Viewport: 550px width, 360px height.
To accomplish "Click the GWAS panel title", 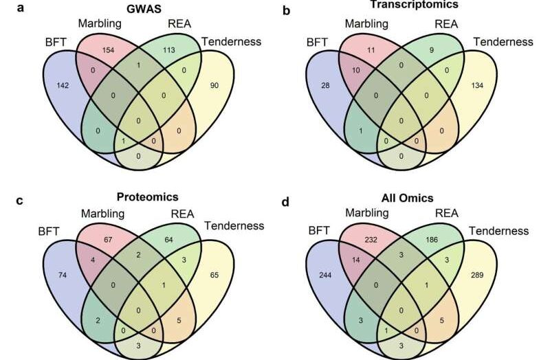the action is click(144, 8).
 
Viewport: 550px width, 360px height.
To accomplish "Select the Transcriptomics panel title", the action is click(415, 5).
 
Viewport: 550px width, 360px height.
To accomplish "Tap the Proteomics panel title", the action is click(147, 196).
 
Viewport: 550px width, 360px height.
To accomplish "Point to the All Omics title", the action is click(407, 198).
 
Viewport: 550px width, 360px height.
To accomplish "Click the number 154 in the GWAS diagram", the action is click(108, 49).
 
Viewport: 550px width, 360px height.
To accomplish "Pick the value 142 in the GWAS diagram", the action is click(63, 85).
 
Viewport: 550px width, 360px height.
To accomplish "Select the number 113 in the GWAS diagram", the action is click(168, 49).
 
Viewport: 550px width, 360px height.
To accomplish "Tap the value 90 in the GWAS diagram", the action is click(214, 85).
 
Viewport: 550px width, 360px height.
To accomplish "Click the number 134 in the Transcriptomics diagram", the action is click(477, 85).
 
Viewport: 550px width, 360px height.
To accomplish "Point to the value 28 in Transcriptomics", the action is click(325, 85).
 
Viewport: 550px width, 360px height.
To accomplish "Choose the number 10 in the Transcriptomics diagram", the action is click(355, 70).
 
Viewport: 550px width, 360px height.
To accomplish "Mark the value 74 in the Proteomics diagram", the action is click(63, 275).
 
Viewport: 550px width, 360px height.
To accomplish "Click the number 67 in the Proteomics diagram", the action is click(108, 240).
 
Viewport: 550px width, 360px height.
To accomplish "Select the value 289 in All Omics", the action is click(477, 275).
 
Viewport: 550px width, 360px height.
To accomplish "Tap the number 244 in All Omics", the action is click(325, 275).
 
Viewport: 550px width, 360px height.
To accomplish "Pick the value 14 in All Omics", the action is click(355, 260).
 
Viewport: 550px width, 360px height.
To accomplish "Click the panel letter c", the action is click(20, 201).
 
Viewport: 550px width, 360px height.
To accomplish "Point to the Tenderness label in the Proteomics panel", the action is click(234, 226).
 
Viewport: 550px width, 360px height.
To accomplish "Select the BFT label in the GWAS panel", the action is click(56, 42).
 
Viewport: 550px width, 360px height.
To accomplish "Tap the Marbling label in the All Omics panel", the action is click(367, 213).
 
